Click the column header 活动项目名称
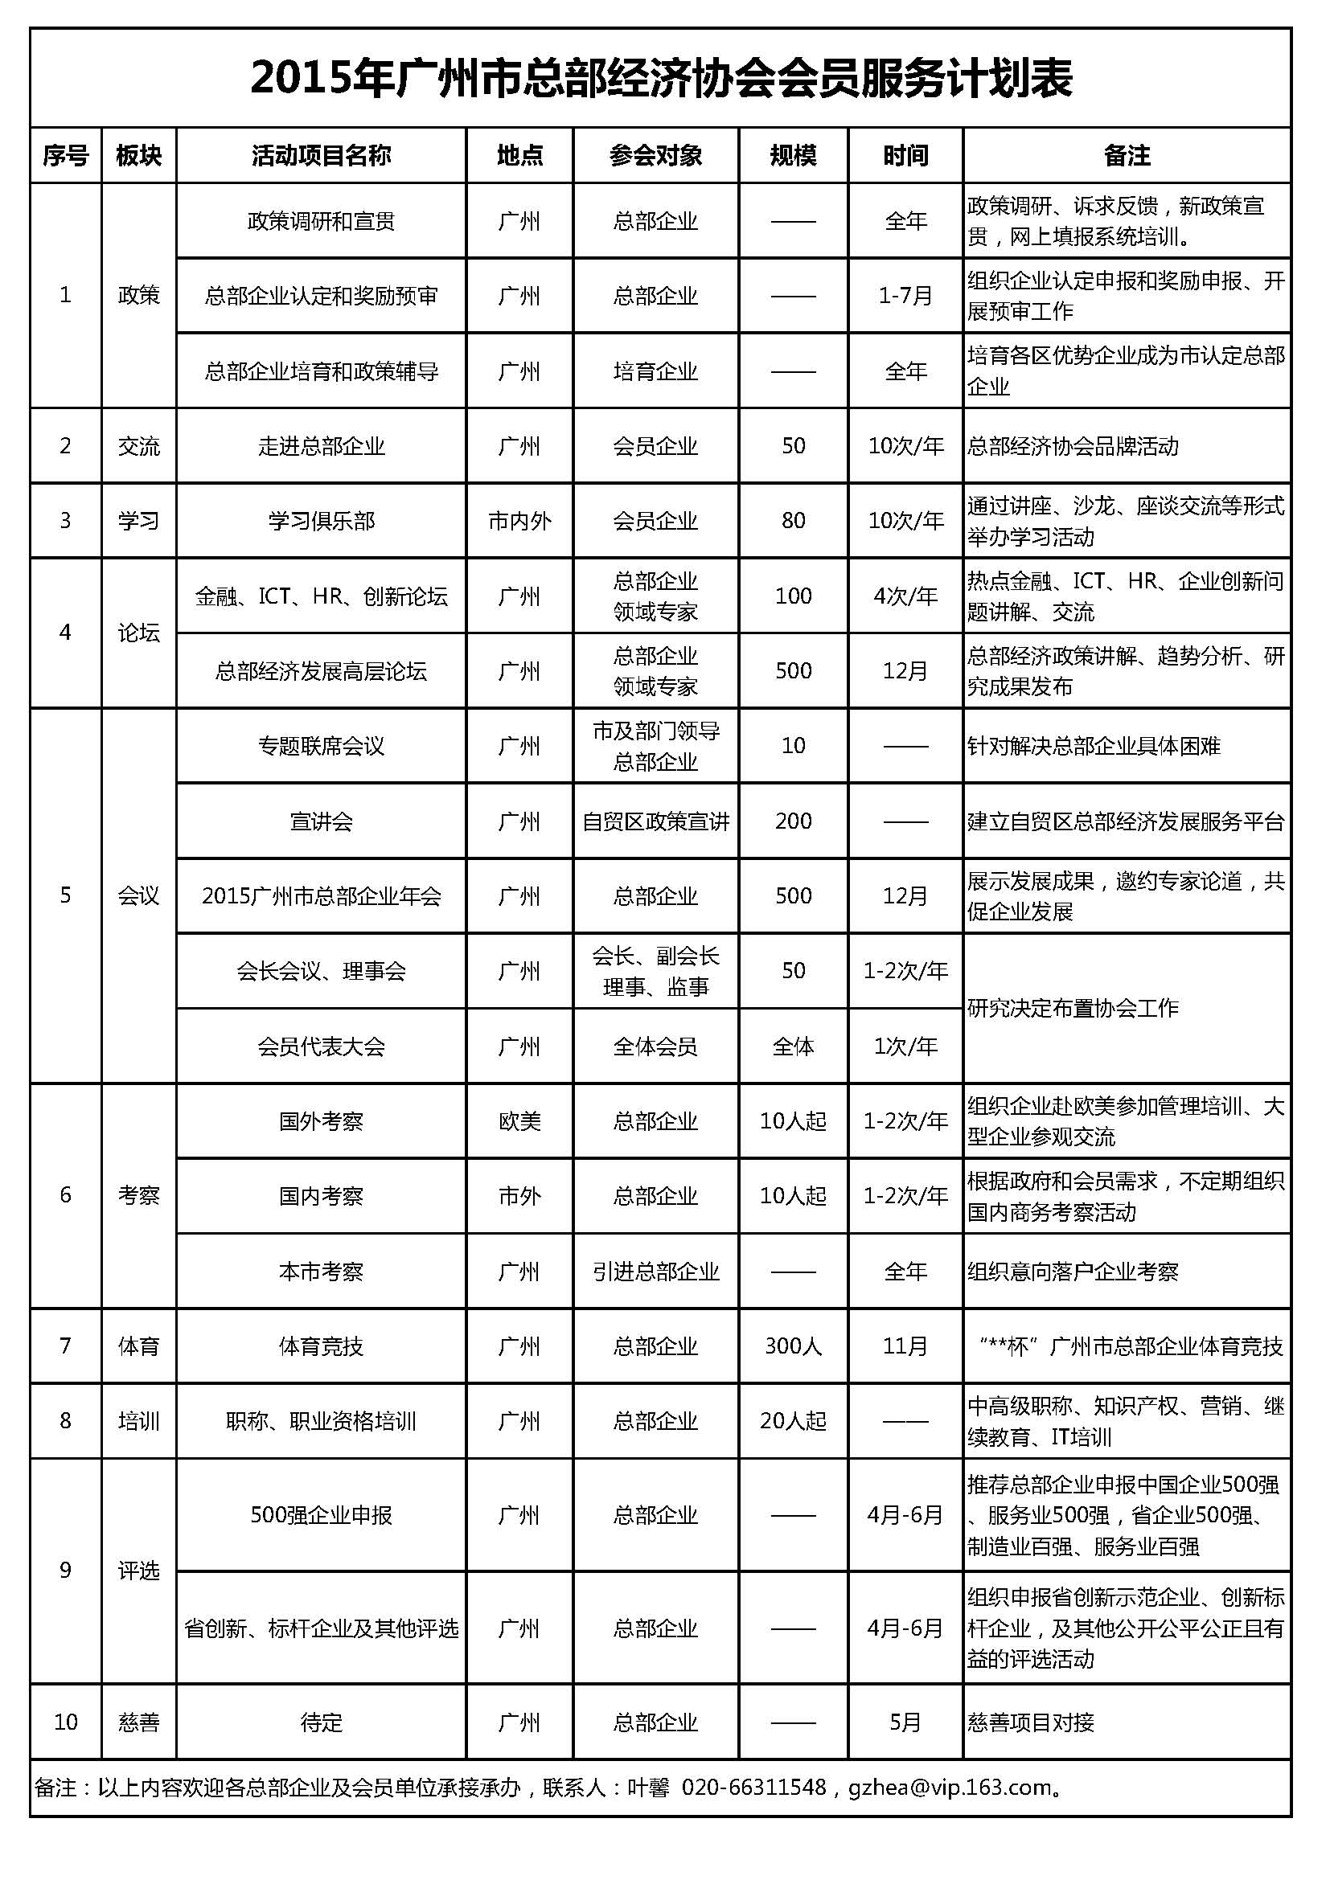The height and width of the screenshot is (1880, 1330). pos(321,156)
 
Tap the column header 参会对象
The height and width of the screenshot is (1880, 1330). pos(655,156)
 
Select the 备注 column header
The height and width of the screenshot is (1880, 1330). pos(1127,156)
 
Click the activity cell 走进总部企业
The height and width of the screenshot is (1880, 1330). pos(321,446)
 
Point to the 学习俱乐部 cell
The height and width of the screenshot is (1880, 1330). pos(321,521)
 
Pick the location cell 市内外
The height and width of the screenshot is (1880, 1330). pos(519,521)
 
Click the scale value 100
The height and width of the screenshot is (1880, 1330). pos(793,596)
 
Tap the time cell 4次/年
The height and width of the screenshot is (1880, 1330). pos(905,596)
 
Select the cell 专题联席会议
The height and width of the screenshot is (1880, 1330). pos(321,746)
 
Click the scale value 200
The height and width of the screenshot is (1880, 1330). pos(793,821)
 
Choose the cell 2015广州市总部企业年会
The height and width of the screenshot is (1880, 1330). pos(321,897)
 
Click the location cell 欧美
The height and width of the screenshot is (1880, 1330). pos(519,1121)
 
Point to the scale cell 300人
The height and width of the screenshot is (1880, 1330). pos(793,1346)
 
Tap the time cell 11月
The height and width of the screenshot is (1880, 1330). pos(905,1346)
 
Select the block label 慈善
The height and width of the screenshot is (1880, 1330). pos(138,1722)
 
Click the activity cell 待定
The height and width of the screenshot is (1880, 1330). pos(321,1722)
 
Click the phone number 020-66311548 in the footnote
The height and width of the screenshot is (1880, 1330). pos(753,1788)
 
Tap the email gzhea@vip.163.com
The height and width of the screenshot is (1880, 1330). pos(949,1788)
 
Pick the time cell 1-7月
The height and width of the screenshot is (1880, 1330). pos(905,296)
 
